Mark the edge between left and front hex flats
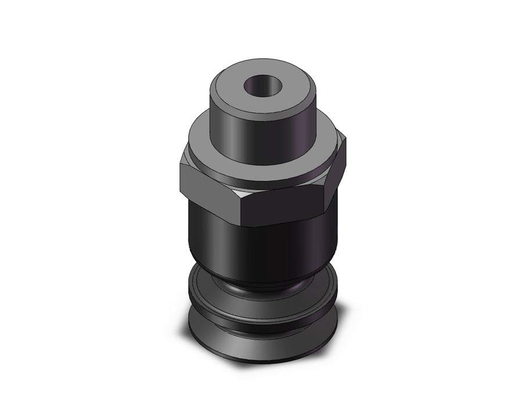[239, 207]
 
